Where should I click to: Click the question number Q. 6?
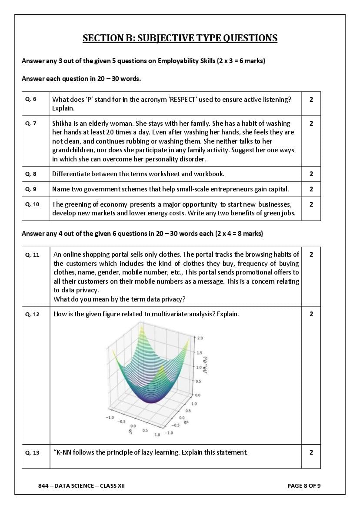[x=31, y=99]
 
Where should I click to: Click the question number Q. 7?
[x=31, y=123]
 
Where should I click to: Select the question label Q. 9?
[x=31, y=189]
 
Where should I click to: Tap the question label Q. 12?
[x=32, y=314]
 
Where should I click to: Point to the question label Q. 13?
[x=32, y=452]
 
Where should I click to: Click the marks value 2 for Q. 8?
[x=311, y=174]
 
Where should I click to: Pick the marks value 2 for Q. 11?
[x=311, y=254]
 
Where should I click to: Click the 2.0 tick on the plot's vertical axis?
[x=200, y=338]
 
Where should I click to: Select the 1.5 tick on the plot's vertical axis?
[x=199, y=353]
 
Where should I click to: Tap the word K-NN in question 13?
[x=63, y=452]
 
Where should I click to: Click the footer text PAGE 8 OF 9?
[x=304, y=486]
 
